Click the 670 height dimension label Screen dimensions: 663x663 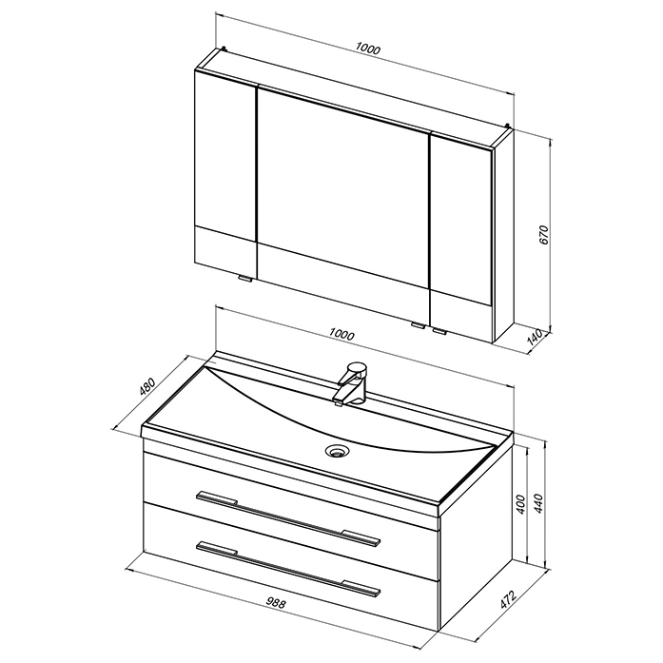point(544,235)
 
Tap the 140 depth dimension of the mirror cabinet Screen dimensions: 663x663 point(535,337)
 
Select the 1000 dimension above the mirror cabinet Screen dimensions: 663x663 point(368,49)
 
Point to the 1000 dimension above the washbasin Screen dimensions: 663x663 point(341,334)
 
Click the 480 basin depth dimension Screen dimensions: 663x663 point(148,385)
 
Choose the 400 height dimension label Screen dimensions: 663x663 point(521,504)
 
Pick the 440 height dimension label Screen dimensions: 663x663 point(539,503)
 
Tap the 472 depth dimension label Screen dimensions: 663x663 point(509,600)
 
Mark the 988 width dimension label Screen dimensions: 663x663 point(276,602)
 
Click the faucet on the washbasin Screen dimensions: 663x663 point(351,382)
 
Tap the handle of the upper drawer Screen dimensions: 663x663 point(288,518)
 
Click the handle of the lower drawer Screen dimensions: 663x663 point(288,568)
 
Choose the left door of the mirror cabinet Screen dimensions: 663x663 point(225,169)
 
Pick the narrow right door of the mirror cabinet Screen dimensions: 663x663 point(461,238)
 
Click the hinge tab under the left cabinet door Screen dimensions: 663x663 point(245,279)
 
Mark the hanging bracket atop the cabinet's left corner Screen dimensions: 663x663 point(224,49)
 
